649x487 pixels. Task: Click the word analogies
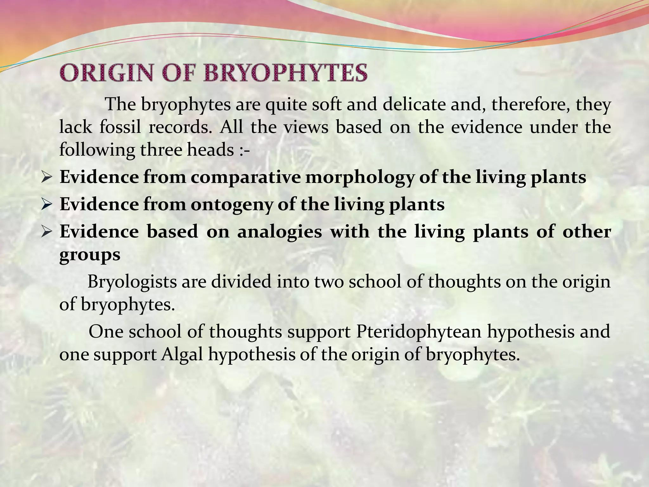(280, 231)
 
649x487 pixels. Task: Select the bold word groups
(90, 254)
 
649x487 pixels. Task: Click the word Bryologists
(132, 281)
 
